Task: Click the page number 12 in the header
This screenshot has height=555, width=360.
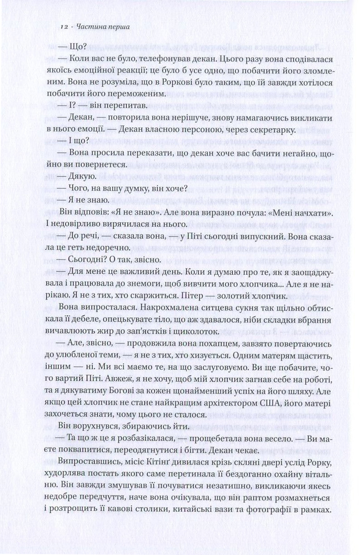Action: [63, 27]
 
